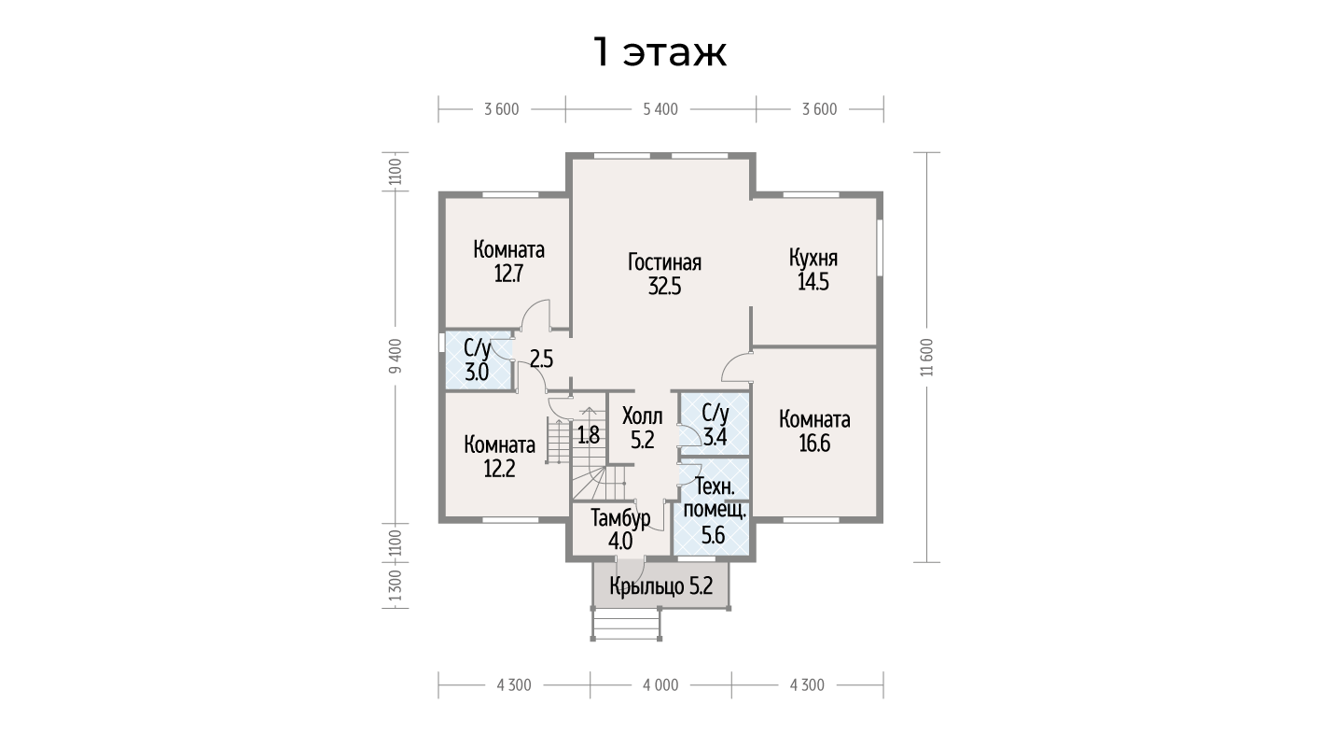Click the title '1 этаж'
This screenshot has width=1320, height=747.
(660, 52)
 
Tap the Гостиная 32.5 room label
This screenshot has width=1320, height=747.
(665, 275)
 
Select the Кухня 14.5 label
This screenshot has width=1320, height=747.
(813, 270)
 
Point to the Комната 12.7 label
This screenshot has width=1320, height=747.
(508, 261)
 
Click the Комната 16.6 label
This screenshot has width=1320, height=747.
(814, 431)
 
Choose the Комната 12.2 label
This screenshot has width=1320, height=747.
(500, 457)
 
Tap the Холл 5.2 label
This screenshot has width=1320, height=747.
(643, 429)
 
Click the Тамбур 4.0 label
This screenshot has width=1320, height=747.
(620, 529)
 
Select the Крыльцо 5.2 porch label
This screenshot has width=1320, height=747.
(661, 586)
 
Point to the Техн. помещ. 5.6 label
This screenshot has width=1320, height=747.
(715, 511)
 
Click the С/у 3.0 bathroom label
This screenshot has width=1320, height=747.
(477, 360)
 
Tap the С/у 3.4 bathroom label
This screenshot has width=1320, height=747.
(716, 425)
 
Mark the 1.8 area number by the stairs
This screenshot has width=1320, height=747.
(588, 435)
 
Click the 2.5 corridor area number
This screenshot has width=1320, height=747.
(541, 359)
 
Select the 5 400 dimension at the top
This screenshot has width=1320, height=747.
(660, 109)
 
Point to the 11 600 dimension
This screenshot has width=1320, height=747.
(927, 357)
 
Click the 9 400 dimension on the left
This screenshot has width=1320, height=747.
(396, 356)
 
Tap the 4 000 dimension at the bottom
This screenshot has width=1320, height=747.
(660, 685)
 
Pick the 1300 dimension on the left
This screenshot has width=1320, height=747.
(396, 585)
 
